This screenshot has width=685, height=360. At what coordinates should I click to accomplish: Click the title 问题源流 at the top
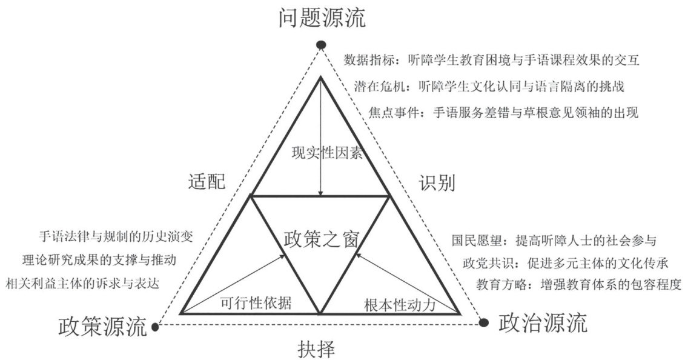(x=322, y=18)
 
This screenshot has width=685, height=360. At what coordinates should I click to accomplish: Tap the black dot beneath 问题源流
(x=322, y=45)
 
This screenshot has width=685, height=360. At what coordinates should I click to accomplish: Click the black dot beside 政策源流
(x=155, y=327)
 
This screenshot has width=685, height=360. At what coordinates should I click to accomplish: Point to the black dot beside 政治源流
(x=484, y=322)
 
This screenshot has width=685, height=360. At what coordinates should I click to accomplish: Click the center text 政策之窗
(x=321, y=238)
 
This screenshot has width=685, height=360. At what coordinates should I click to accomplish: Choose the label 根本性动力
(x=400, y=304)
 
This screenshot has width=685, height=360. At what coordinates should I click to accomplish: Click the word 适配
(x=207, y=181)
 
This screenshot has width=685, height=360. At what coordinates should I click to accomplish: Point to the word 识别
(x=436, y=182)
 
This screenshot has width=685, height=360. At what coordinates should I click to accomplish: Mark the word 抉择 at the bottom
(x=316, y=348)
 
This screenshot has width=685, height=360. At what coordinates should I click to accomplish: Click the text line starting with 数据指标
(x=492, y=61)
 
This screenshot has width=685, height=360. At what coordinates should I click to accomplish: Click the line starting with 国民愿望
(x=554, y=241)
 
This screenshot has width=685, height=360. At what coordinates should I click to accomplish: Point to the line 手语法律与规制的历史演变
(x=115, y=236)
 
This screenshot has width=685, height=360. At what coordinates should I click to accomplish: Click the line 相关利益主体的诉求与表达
(x=90, y=282)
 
